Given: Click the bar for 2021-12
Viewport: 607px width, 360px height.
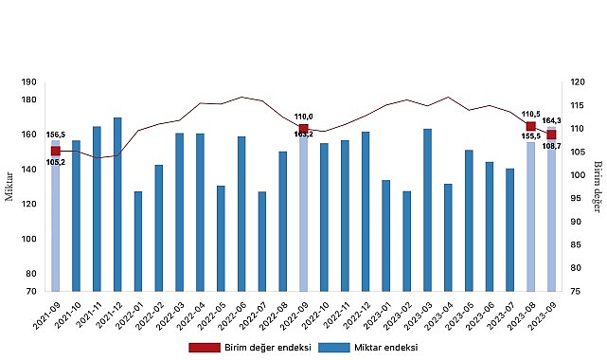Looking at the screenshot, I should point(117,204).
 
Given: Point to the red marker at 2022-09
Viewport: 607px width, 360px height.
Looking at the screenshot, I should point(303,129).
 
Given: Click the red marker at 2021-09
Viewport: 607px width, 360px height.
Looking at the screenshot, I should point(55,151).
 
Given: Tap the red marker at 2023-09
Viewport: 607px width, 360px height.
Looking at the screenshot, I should point(552,135).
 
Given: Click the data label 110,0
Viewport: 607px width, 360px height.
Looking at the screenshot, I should point(303,117).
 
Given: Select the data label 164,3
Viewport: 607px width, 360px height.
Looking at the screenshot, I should point(552,120).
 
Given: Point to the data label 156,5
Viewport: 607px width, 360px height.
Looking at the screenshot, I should point(55,134).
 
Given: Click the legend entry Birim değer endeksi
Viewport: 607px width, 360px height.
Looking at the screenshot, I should point(248,347).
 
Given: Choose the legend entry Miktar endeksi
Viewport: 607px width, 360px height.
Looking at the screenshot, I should point(367,347).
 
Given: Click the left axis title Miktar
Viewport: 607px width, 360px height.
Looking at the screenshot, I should point(9,187).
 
